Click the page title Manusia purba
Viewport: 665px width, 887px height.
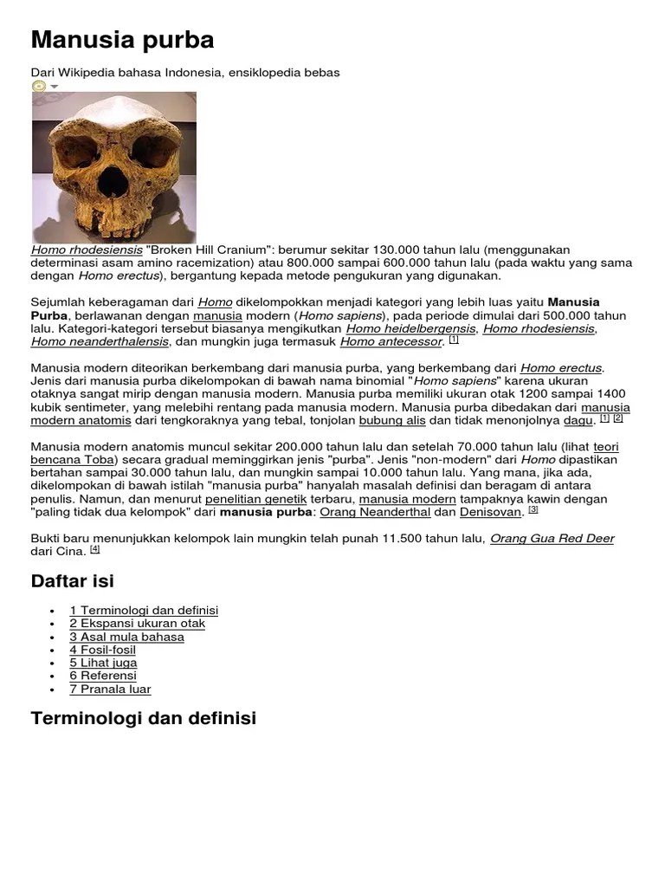coord(122,40)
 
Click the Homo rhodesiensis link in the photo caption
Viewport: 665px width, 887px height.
coord(87,250)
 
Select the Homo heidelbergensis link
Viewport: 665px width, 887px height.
coord(410,328)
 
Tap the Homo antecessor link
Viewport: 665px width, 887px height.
coord(391,341)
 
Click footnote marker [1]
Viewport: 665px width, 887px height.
coord(454,340)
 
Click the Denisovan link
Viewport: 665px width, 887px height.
coord(490,512)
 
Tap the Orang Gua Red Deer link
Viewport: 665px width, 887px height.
coord(552,538)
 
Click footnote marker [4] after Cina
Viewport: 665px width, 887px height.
coord(95,549)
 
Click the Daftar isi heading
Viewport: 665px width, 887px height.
coord(73,580)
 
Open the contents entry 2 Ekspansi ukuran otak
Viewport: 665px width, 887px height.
coord(137,624)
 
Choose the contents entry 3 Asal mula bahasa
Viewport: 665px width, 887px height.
coord(126,637)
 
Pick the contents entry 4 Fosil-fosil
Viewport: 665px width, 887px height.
coord(102,650)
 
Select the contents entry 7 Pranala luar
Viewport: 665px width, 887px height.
coord(110,690)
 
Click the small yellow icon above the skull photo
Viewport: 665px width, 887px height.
coord(39,86)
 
